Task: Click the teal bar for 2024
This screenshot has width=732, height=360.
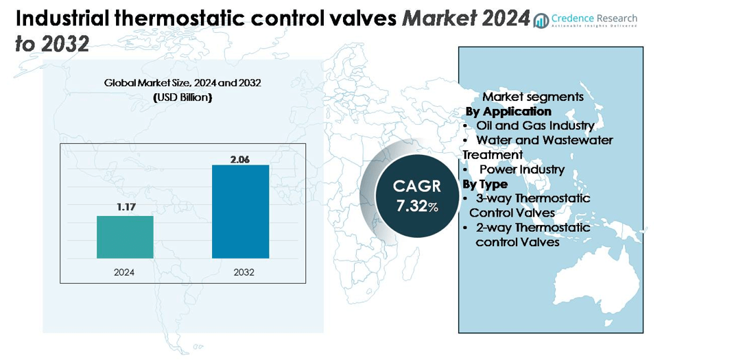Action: [125, 237]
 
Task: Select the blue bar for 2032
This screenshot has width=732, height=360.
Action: [240, 211]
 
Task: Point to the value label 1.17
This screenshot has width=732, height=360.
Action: [125, 206]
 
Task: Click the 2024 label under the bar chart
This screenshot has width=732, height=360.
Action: [125, 272]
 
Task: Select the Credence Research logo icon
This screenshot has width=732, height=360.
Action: [542, 21]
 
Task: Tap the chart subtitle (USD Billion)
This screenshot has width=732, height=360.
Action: [182, 97]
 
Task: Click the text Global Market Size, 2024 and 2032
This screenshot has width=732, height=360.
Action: [183, 83]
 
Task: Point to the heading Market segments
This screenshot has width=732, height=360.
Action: [533, 97]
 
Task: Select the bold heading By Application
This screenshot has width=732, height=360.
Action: [508, 111]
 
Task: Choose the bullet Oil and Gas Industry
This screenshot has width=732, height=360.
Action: [535, 125]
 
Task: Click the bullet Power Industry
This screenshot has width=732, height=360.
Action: [521, 169]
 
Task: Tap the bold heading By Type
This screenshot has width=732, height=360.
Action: [485, 184]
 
